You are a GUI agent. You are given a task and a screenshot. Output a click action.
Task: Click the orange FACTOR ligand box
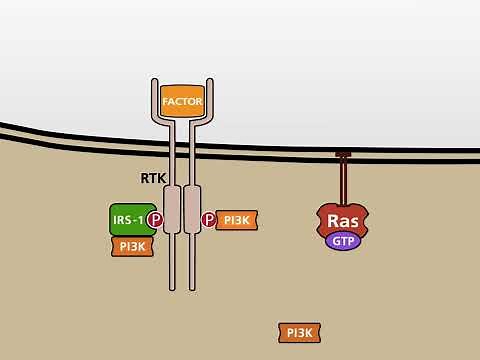(181, 101)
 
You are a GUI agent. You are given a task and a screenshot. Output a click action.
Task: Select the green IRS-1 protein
(127, 219)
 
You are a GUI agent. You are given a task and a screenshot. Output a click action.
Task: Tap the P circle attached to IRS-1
(154, 220)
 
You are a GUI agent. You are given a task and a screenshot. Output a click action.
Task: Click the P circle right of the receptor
(209, 220)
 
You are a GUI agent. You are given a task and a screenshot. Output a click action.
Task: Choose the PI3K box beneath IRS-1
(131, 246)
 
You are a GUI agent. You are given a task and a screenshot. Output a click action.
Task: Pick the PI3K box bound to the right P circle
(238, 220)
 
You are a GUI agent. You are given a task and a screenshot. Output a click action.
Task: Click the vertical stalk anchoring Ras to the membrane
(343, 180)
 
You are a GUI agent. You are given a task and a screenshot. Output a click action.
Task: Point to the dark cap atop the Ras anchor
(343, 154)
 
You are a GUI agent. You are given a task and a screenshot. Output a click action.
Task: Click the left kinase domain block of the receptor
(171, 205)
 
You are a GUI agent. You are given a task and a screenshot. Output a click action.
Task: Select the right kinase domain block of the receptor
(192, 205)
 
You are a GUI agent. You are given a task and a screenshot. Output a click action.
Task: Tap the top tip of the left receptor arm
(153, 81)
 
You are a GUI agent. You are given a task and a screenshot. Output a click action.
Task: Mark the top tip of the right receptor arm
(209, 81)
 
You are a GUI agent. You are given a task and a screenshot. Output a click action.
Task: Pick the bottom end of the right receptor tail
(192, 286)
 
